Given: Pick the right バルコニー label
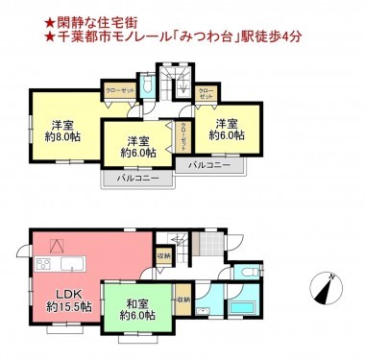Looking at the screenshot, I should [x=209, y=165].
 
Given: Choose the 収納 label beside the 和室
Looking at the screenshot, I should [x=182, y=300].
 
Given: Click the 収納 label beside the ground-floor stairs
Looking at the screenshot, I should [x=163, y=255].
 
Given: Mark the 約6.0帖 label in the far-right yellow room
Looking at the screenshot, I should [x=227, y=136].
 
